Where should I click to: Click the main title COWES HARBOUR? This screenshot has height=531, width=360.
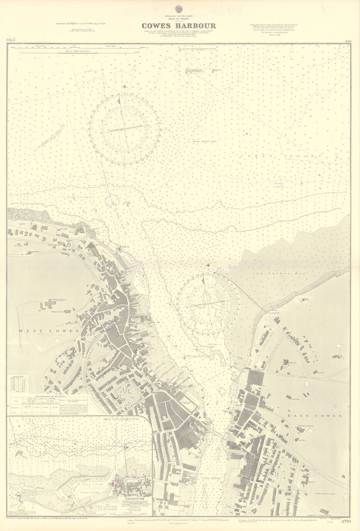(x=180, y=26)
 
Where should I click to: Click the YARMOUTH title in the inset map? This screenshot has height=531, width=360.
(x=134, y=493)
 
